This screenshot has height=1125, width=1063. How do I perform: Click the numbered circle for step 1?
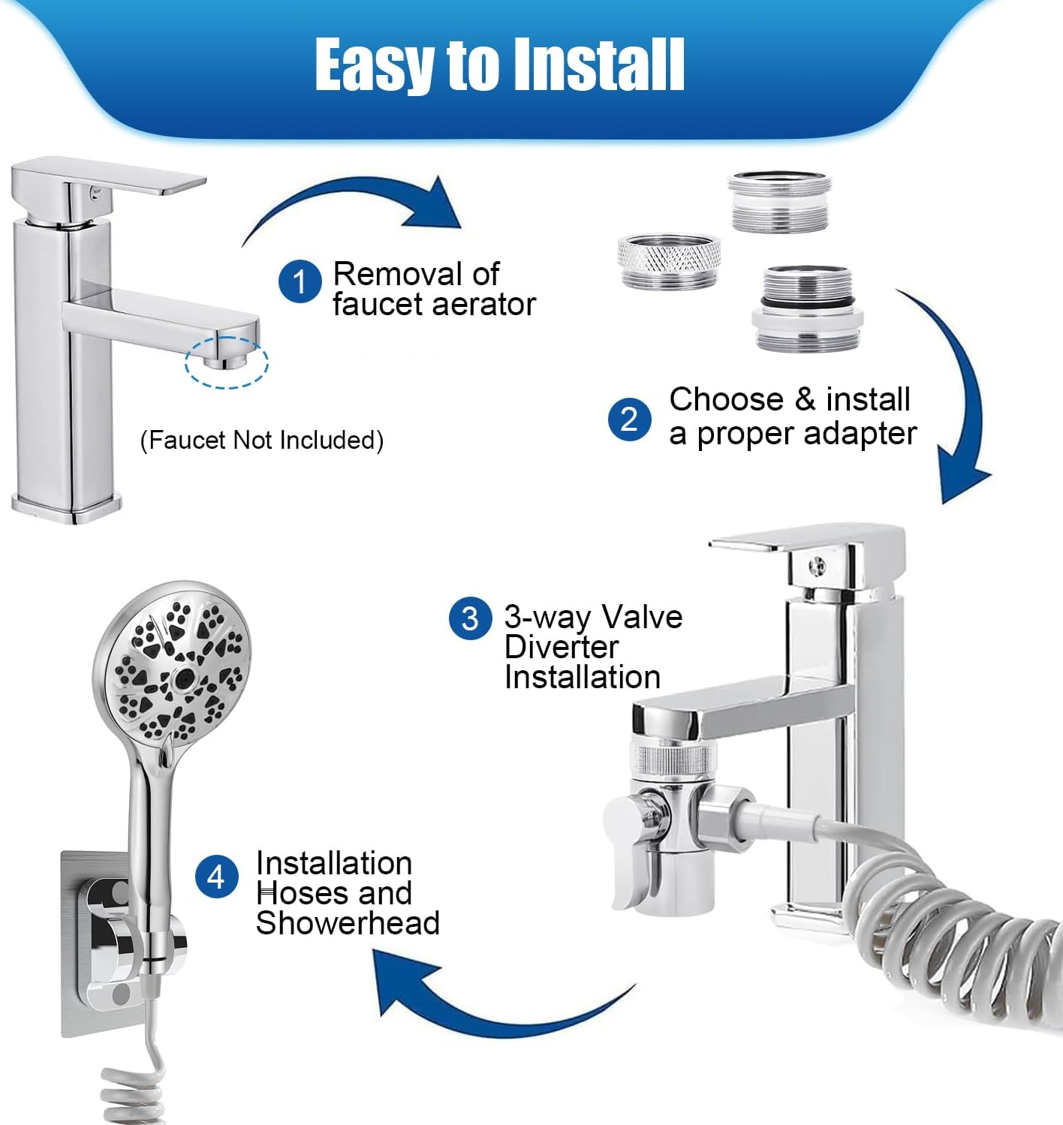pos(300,281)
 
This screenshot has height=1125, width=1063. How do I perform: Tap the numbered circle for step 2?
pos(630,420)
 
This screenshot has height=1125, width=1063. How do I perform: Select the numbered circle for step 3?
pos(470,618)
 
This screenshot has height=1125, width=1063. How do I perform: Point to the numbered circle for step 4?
pos(217,877)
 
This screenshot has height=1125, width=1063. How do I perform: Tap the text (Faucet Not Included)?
pos(262,440)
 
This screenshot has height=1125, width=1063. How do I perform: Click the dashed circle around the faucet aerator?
pos(227,362)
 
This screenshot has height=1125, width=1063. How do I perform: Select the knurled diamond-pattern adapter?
pos(669,261)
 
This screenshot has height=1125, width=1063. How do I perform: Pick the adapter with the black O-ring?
pos(807,308)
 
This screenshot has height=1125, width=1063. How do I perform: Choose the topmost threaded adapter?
pos(779,202)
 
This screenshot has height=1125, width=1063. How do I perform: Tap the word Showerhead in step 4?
pos(348,923)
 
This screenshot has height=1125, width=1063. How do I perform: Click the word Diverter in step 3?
pos(561,647)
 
